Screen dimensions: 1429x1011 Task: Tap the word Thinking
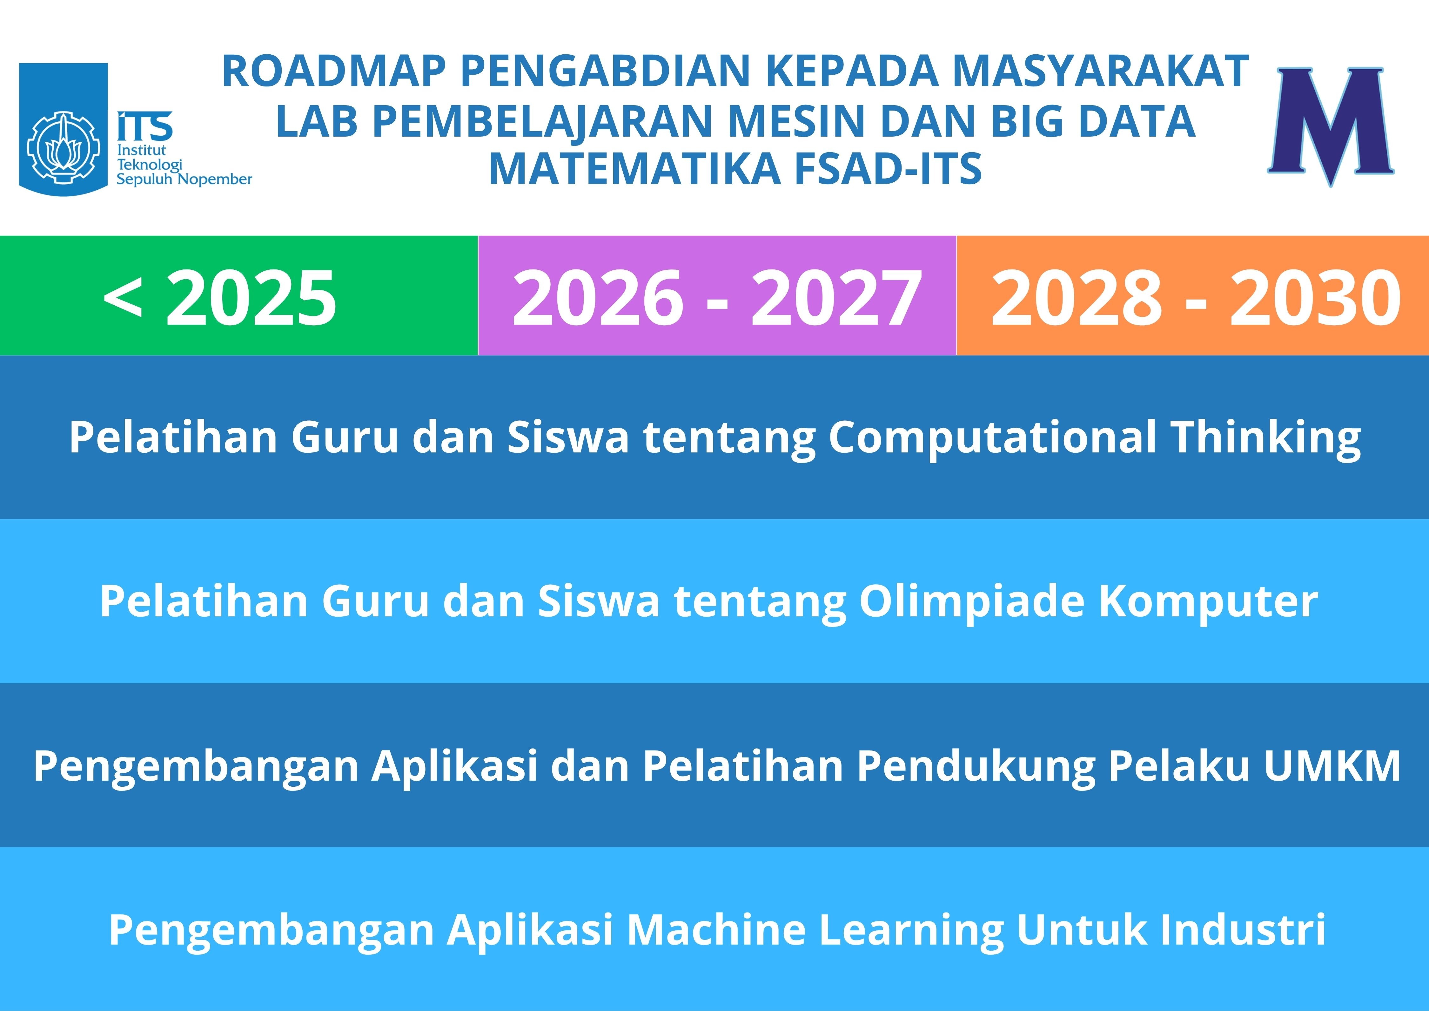pyautogui.click(x=1265, y=438)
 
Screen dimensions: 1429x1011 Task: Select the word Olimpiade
pyautogui.click(x=972, y=602)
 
